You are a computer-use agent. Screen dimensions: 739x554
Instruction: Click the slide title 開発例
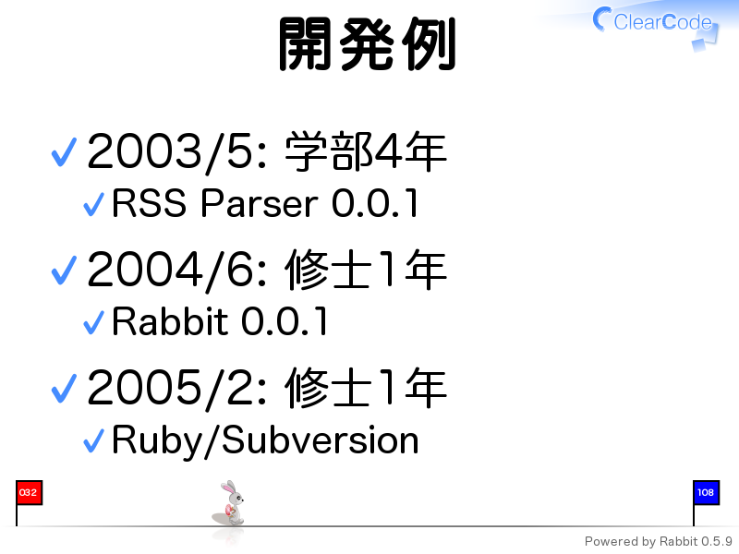367,43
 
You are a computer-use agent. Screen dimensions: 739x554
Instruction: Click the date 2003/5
177,151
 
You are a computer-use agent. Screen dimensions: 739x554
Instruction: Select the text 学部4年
366,151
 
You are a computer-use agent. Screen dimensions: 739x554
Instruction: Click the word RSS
149,203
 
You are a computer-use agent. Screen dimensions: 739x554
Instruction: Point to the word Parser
260,203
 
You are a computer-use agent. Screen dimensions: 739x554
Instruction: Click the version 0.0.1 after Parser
375,203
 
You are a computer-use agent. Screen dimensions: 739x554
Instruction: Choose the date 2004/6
177,270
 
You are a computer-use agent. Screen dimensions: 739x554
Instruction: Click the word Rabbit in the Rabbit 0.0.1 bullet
170,321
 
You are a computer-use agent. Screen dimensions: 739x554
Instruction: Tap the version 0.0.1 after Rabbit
285,321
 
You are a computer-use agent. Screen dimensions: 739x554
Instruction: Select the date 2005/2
177,388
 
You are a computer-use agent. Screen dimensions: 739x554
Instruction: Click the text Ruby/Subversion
265,441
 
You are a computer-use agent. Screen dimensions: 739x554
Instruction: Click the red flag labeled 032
29,493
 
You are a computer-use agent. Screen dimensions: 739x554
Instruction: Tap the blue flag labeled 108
706,493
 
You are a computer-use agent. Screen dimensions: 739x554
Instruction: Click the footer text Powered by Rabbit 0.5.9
659,542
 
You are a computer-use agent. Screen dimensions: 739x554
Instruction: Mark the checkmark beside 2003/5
64,152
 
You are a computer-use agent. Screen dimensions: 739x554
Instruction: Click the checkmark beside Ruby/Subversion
94,441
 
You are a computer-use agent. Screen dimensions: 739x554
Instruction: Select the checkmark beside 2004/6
64,271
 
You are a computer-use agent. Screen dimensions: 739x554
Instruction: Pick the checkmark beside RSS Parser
94,204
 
